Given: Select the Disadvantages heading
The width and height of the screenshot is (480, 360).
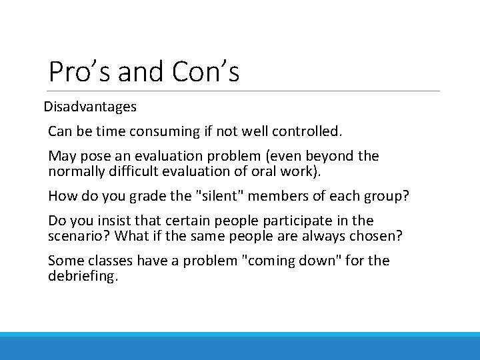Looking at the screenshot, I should pos(90,107).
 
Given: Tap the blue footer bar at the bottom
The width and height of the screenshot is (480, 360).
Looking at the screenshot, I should pos(240,346).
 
